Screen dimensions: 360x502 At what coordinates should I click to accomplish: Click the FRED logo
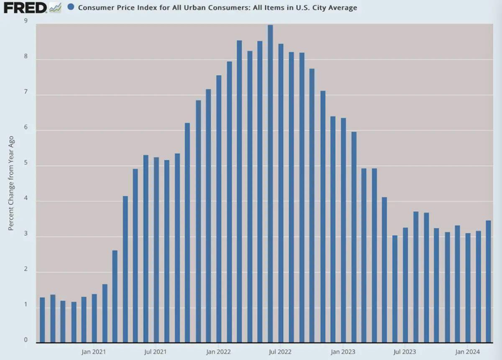[25, 7]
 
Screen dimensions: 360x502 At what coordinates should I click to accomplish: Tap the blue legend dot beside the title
[71, 8]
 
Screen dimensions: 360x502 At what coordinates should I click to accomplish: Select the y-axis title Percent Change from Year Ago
[11, 183]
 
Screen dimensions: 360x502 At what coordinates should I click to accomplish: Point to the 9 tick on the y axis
[26, 21]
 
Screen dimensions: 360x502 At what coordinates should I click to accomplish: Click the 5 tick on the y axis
[26, 166]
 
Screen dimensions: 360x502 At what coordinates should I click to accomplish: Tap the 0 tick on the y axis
[26, 340]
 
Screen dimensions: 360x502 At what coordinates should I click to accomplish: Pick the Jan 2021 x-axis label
[94, 352]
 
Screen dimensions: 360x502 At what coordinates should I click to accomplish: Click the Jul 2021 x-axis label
[155, 352]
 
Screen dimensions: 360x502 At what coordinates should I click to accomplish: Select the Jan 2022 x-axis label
[218, 352]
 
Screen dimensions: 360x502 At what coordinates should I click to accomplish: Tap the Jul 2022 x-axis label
[281, 352]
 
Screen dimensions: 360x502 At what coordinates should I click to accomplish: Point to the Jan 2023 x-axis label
[343, 352]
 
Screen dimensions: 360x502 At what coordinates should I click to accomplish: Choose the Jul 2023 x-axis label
[405, 352]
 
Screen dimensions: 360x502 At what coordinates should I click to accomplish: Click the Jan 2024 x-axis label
[468, 352]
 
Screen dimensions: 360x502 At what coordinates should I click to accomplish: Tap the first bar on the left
[42, 319]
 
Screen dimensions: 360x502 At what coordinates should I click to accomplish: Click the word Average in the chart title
[342, 8]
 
